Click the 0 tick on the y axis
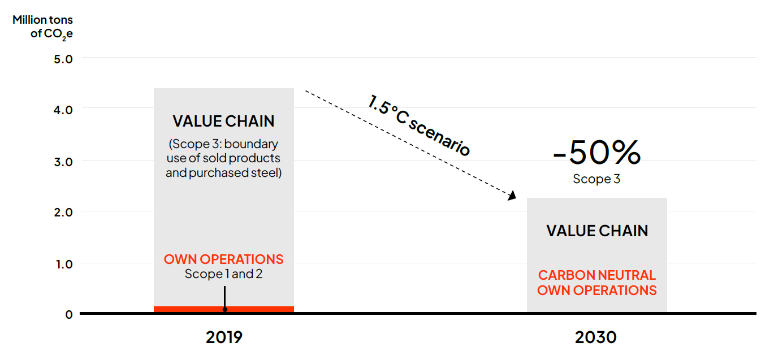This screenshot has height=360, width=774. [69, 315]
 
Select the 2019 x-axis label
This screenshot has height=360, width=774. [224, 337]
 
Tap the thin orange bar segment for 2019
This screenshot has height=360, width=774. [187, 309]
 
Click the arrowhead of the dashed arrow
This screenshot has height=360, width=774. [513, 196]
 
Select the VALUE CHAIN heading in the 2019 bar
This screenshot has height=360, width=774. [223, 121]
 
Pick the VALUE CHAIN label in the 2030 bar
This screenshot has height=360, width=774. [597, 231]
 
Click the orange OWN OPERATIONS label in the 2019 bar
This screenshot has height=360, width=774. [223, 259]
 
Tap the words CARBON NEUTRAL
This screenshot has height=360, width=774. [597, 275]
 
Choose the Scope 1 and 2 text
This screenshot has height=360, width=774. [223, 274]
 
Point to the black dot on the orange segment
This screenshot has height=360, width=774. [224, 310]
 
